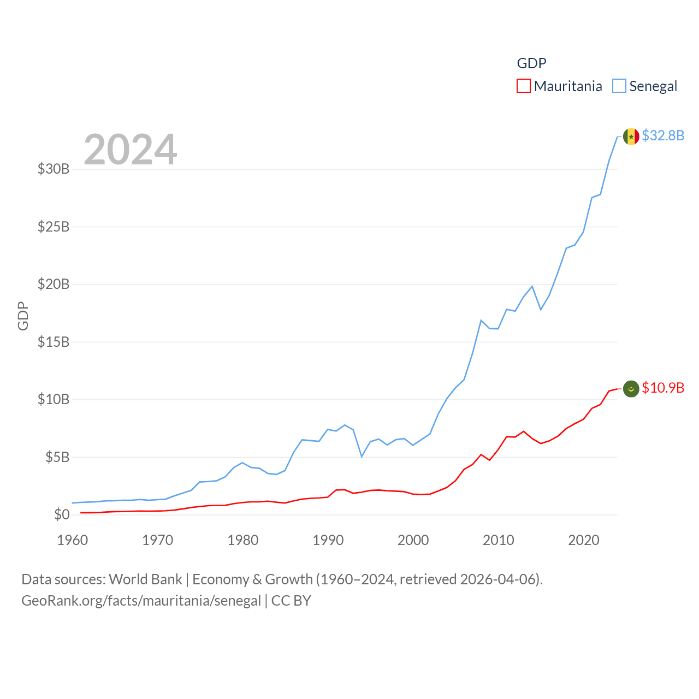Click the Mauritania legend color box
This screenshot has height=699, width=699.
(x=523, y=86)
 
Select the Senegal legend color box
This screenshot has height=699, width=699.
(x=619, y=86)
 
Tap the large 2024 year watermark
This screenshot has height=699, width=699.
(x=130, y=149)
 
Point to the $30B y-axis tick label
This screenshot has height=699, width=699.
(x=54, y=169)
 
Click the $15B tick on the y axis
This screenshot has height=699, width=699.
(x=54, y=342)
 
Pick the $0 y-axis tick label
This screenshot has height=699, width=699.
(x=62, y=514)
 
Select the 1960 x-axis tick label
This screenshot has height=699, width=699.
(x=72, y=540)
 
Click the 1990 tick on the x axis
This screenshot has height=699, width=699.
(x=328, y=540)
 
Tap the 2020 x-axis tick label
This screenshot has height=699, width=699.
(x=583, y=540)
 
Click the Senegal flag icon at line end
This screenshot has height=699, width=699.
(x=631, y=137)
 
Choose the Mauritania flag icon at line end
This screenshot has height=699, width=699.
(x=631, y=389)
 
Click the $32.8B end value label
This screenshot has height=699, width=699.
(x=663, y=135)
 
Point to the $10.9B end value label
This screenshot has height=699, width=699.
(x=663, y=388)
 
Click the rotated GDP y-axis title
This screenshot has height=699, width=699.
(x=23, y=316)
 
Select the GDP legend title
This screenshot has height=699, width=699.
(x=531, y=63)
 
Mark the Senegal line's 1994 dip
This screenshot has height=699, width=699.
(x=362, y=456)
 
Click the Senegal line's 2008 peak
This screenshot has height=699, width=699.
(x=481, y=321)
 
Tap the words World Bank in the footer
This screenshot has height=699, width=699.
(x=145, y=579)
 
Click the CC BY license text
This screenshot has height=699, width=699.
(x=291, y=601)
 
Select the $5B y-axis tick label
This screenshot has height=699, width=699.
(x=57, y=457)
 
